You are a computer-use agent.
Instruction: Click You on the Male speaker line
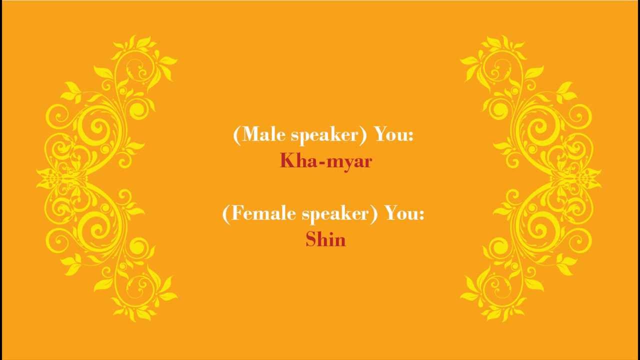coord(391,135)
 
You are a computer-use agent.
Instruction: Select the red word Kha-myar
coord(325,161)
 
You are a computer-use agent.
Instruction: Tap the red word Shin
coord(325,239)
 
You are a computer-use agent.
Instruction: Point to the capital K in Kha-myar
coord(286,160)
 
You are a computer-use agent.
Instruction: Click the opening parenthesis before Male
coord(236,135)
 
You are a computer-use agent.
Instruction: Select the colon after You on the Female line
coord(421,216)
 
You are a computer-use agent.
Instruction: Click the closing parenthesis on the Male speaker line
coord(367,135)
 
